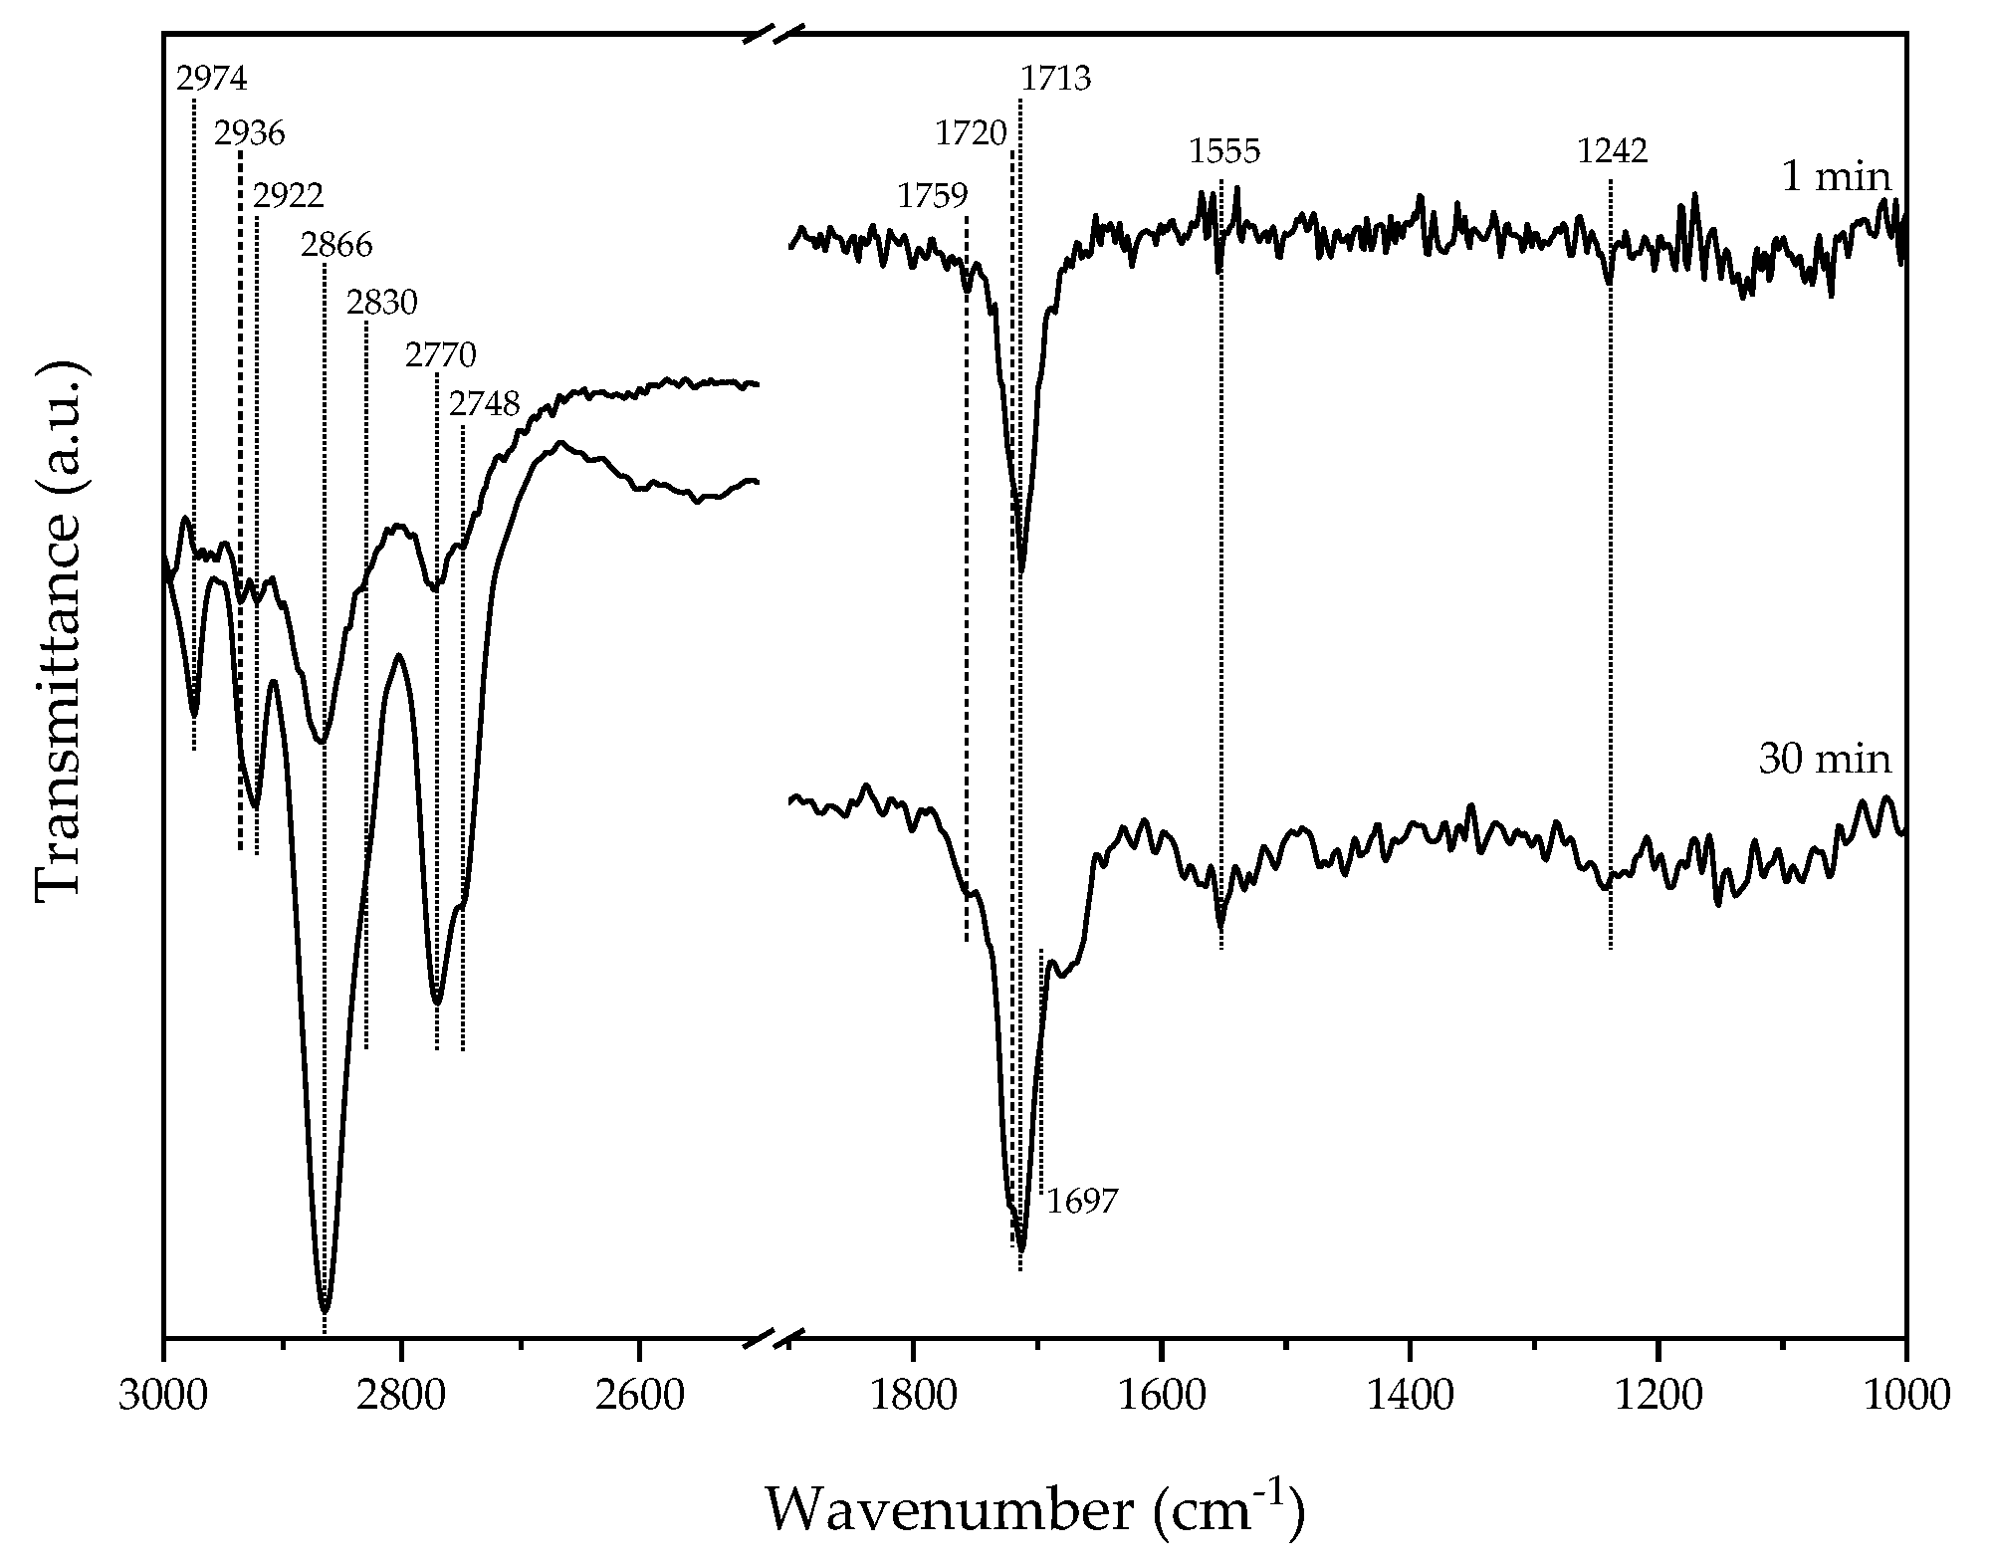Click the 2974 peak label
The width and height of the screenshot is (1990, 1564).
211,78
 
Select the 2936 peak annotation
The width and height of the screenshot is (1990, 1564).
250,133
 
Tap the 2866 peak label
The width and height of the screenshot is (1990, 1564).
336,245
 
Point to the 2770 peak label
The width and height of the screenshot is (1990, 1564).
440,354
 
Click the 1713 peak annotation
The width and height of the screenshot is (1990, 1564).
1055,78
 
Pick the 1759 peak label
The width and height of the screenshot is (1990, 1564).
932,196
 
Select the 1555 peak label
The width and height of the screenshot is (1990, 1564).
1223,152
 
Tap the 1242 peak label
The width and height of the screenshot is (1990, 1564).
1612,151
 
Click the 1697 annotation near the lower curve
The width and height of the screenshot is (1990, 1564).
1082,1202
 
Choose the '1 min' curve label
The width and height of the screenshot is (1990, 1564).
1835,177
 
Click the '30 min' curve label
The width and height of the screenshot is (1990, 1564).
1824,760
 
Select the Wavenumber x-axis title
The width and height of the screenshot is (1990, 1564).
1033,1509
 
